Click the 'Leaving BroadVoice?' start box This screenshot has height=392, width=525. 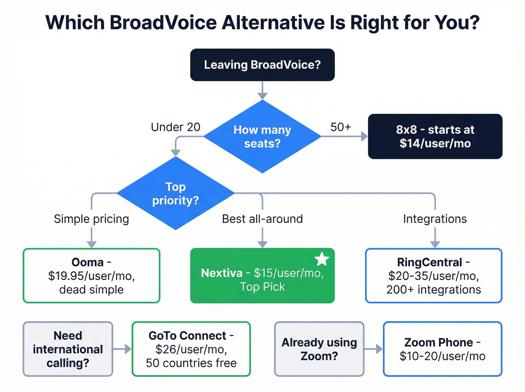point(262,65)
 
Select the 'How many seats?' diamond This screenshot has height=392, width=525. point(262,137)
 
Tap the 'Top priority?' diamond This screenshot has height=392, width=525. point(175,193)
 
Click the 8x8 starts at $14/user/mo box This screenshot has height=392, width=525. point(435,137)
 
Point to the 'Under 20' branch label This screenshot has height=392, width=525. point(175,127)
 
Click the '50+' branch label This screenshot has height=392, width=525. point(340,127)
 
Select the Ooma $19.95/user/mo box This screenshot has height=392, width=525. point(91,276)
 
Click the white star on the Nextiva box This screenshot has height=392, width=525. point(322,259)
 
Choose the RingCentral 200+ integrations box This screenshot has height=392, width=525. point(433,276)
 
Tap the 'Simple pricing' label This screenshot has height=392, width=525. point(91,219)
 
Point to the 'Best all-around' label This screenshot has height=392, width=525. point(262,219)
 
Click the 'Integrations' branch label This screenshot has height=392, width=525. point(435,219)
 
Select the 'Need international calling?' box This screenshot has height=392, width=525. point(68,349)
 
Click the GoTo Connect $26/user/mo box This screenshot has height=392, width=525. point(191,349)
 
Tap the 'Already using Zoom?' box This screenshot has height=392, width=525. point(319,349)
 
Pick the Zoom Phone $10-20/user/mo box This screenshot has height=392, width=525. point(442,349)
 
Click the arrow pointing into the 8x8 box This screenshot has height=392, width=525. point(362,137)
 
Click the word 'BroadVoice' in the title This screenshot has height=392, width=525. point(163,23)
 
